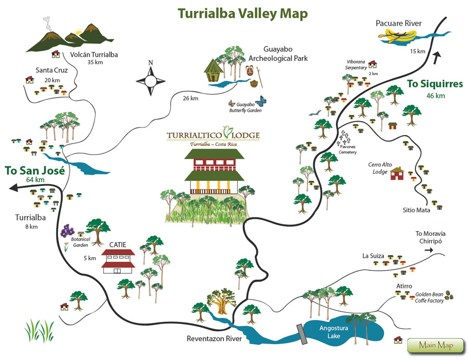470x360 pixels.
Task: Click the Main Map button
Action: [434, 345]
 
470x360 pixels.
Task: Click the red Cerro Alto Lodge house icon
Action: [397, 173]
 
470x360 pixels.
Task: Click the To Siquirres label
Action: [434, 84]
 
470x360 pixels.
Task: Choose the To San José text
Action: [34, 170]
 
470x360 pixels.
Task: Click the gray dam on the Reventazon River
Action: [302, 334]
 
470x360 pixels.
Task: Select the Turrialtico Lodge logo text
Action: [213, 135]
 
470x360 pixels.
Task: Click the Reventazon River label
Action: [215, 339]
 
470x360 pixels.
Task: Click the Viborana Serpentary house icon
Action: [372, 64]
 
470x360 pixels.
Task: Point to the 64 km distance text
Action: [35, 180]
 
